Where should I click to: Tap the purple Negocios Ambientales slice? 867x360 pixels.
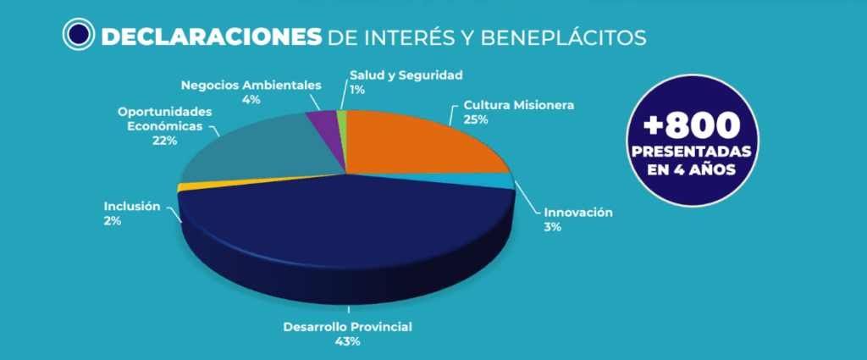coord(323,124)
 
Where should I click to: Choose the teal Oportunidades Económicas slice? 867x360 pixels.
coord(254,148)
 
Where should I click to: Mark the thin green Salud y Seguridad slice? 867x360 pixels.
coord(342,121)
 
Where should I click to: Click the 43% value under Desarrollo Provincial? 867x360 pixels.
coord(347,341)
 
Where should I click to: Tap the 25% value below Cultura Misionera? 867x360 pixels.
coord(476,119)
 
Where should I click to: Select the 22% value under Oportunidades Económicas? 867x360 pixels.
coord(165,141)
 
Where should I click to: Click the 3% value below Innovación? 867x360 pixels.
coord(553,227)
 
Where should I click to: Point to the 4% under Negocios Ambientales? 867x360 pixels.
coord(250,99)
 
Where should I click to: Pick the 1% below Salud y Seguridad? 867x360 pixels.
coord(357,90)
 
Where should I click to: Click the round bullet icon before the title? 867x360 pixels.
coord(78,35)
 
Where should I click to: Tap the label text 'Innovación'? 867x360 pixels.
coord(577,212)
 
